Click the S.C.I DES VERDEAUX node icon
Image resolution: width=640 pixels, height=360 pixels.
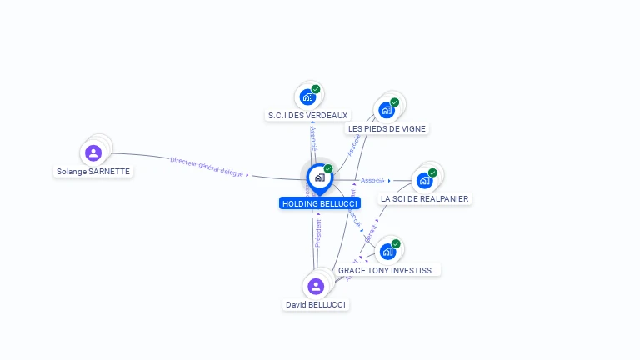(307, 97)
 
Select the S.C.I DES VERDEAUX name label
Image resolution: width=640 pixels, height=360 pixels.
(307, 115)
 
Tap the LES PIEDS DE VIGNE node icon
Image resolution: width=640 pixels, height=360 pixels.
(387, 110)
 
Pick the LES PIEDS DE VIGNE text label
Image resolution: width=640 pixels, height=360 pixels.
(387, 128)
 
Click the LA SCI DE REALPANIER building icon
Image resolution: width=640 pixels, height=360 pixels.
(424, 180)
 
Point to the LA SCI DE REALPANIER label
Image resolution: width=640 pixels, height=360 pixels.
(424, 198)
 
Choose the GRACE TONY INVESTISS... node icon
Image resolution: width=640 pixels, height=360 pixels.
(387, 251)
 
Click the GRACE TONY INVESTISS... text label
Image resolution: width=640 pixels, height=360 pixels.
(387, 270)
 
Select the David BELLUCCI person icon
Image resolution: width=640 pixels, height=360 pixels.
(315, 287)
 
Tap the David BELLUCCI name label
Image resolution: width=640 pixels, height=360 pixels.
(316, 305)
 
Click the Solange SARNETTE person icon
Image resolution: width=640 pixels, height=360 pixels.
(93, 152)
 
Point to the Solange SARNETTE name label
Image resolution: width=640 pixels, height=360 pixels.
(93, 171)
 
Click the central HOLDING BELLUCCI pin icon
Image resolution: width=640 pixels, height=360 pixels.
(319, 177)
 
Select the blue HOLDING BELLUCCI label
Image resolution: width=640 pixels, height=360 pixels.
(320, 203)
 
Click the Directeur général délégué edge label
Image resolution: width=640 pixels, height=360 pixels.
(207, 167)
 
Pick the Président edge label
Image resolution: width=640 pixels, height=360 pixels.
(317, 232)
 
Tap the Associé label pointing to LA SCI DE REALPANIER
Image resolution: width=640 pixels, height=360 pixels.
(372, 180)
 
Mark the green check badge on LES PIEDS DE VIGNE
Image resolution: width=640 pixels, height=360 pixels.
(395, 102)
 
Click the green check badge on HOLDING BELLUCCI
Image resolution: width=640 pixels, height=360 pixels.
(328, 169)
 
